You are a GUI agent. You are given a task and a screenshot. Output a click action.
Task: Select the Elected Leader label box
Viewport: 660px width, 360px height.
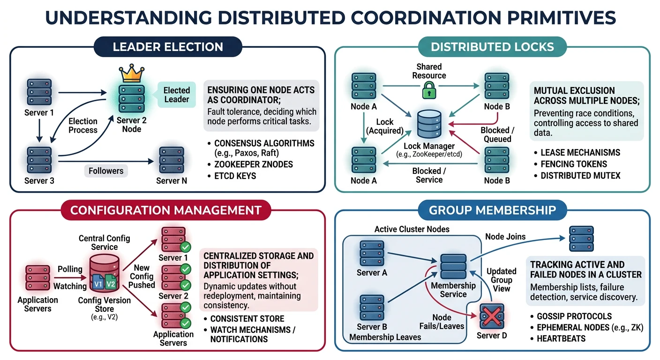[176, 94]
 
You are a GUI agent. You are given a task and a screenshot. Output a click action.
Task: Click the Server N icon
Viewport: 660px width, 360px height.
[171, 160]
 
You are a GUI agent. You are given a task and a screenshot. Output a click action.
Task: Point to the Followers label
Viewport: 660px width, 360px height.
[106, 171]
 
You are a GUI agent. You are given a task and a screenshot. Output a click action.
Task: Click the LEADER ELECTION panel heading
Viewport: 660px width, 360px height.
[168, 47]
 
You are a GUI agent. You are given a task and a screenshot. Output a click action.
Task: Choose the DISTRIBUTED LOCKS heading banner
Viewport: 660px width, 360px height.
[492, 47]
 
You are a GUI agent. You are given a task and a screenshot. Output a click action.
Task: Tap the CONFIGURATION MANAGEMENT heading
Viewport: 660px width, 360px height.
[165, 210]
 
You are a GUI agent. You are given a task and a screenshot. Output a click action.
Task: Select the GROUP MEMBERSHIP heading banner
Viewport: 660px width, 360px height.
[492, 210]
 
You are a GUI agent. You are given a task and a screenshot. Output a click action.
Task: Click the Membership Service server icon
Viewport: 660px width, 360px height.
[453, 267]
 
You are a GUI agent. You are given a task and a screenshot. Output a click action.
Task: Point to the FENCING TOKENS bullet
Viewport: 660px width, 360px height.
[573, 164]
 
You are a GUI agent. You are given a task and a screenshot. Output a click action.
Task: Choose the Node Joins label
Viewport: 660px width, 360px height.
[505, 237]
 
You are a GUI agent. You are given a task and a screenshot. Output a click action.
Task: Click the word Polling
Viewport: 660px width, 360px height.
[70, 269]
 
